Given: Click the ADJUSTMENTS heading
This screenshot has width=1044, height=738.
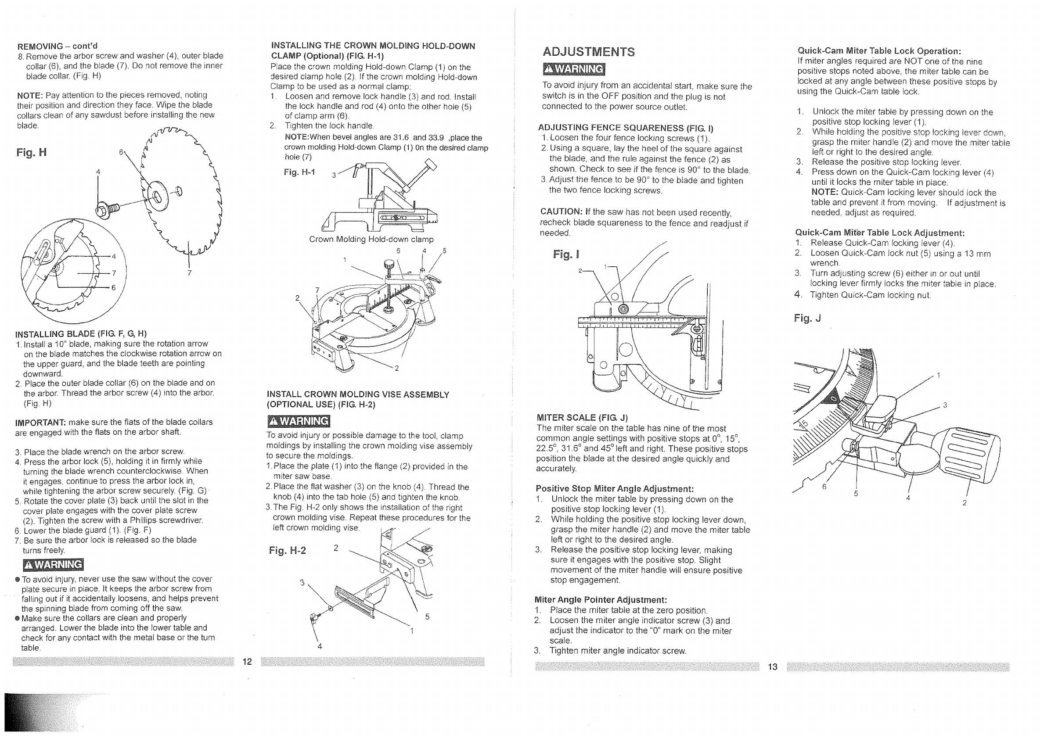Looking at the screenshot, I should click(x=589, y=52).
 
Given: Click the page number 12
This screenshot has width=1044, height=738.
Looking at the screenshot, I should click(x=247, y=661).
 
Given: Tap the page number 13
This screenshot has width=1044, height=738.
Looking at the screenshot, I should click(x=773, y=666).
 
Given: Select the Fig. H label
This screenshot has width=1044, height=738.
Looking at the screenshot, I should click(x=31, y=152).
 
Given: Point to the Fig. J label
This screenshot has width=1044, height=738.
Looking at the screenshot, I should click(x=807, y=318).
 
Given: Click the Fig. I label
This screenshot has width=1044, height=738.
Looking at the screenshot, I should click(x=566, y=254).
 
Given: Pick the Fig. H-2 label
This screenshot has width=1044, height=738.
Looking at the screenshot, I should click(x=288, y=551).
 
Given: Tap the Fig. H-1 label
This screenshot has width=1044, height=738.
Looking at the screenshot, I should click(x=299, y=172).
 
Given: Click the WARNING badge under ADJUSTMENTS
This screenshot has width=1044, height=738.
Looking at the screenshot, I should click(x=574, y=69).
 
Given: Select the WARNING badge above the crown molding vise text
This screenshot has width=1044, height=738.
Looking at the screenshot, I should click(x=298, y=421).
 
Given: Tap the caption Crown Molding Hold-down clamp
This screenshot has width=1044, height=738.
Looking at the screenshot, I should click(x=371, y=240).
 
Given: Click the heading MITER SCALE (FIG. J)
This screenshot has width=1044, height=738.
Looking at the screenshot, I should click(x=583, y=418).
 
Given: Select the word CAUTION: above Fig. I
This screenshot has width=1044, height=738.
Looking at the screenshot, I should click(x=561, y=212).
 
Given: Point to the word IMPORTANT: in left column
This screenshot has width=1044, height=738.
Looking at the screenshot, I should click(x=41, y=422).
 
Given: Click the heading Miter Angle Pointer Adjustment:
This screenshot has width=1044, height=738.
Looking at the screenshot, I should click(x=601, y=600).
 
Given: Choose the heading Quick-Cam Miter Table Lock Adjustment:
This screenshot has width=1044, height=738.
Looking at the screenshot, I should click(x=880, y=233).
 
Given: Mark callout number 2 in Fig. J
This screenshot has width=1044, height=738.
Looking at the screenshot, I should click(x=965, y=503).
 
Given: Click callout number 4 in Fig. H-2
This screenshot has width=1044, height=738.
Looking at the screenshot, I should click(x=320, y=646).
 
